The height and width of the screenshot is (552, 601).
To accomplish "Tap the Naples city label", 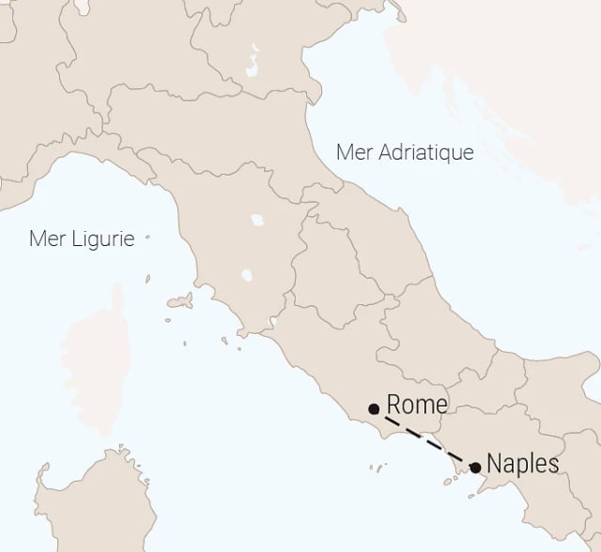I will [523, 464].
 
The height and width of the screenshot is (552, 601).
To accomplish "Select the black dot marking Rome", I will [374, 408].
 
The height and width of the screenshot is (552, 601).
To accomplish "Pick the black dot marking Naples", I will [475, 467].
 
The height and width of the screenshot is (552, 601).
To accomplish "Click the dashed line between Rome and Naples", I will [424, 437].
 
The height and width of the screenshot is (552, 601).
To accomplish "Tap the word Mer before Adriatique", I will [350, 152].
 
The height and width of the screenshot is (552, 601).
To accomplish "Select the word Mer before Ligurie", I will [46, 238].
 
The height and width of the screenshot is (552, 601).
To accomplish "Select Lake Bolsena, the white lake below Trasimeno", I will [247, 277].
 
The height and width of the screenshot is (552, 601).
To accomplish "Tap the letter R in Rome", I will [394, 405].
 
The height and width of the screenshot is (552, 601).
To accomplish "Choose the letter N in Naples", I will [495, 464].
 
